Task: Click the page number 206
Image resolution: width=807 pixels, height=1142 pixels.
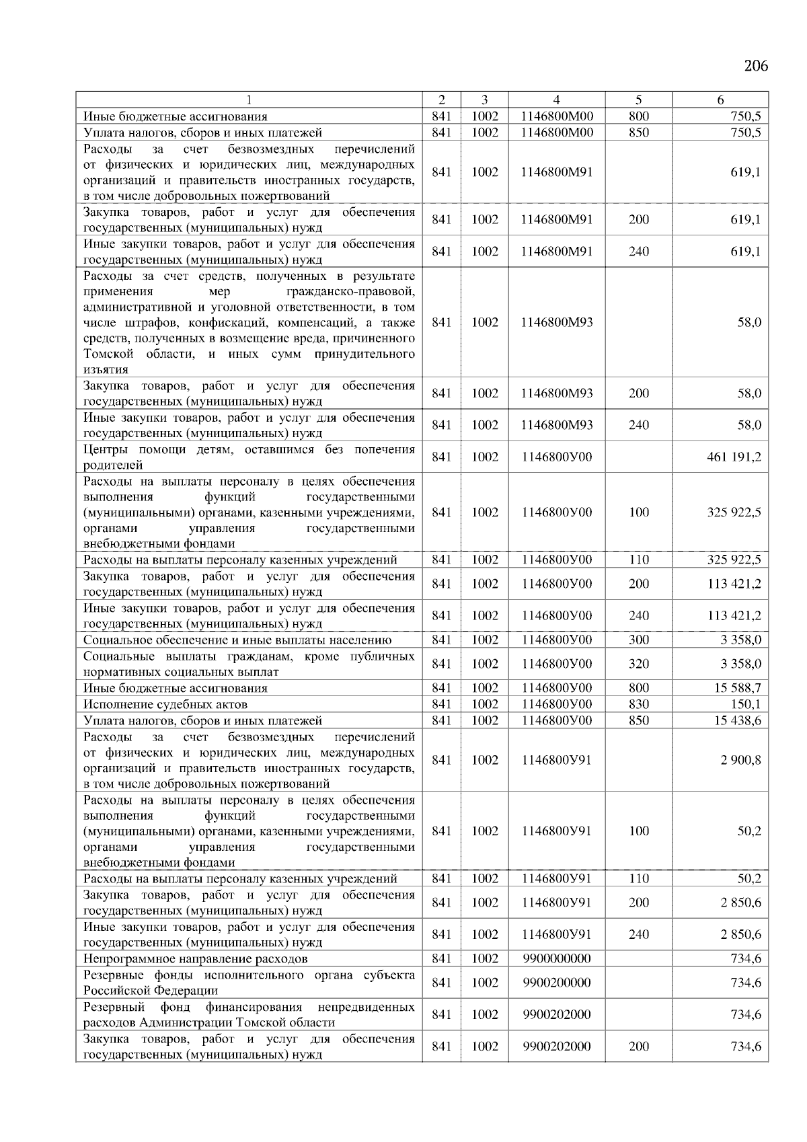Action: [755, 66]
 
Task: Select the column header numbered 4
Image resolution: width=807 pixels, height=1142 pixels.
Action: [556, 100]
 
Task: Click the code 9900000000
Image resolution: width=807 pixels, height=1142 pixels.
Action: [556, 958]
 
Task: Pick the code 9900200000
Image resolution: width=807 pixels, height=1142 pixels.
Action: [556, 983]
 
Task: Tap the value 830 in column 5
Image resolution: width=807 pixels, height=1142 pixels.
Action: [638, 704]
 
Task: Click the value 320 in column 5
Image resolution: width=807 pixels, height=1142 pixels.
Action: [638, 664]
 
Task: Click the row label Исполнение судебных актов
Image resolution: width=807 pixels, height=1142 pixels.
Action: [165, 704]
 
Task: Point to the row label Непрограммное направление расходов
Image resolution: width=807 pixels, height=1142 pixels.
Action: [195, 958]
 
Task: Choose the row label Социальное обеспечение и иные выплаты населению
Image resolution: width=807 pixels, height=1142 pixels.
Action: [237, 640]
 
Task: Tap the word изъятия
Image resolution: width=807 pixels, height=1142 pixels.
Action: [106, 370]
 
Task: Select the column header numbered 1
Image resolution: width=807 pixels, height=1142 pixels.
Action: [249, 100]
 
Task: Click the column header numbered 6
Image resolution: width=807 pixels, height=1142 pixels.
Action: [720, 100]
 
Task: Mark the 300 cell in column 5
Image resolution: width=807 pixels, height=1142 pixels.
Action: [638, 640]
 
